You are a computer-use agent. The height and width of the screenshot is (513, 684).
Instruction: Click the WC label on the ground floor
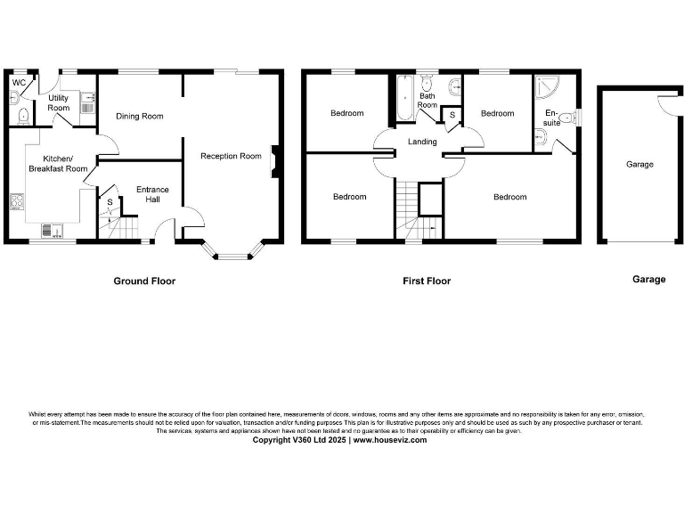[17, 82]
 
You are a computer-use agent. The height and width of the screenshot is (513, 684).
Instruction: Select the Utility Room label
[59, 102]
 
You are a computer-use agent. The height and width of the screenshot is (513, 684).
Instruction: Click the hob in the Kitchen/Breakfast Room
[16, 202]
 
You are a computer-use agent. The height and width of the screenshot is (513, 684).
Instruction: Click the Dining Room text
[140, 116]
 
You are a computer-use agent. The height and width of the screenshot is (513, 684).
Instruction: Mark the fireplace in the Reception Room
[276, 157]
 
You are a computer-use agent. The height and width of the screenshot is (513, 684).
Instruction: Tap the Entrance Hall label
[152, 194]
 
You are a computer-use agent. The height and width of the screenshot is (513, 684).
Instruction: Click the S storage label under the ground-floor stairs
[110, 203]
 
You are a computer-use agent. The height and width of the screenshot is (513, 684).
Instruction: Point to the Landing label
[422, 142]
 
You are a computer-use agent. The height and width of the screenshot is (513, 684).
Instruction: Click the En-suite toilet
[542, 135]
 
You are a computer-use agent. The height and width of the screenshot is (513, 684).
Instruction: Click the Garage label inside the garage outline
[639, 164]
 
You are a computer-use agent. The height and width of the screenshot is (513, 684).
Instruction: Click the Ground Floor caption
[144, 281]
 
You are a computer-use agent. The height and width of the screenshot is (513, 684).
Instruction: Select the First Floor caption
[427, 281]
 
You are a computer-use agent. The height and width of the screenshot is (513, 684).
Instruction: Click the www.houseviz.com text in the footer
[389, 440]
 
